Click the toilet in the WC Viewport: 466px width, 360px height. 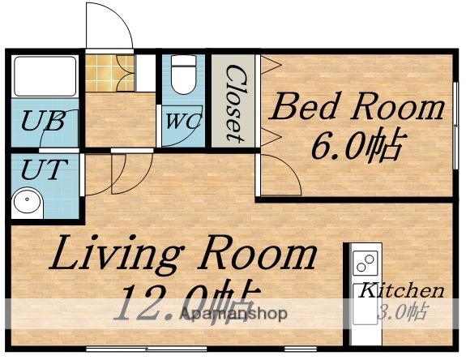click(184, 75)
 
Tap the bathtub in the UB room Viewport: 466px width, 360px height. click(45, 76)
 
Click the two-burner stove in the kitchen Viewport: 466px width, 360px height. click(366, 263)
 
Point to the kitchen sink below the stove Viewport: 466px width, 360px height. click(365, 304)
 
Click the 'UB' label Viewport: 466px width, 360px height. click(44, 121)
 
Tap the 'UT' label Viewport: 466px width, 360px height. click(45, 169)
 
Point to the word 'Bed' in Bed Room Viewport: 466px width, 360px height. click(305, 106)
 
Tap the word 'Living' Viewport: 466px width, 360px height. click(115, 255)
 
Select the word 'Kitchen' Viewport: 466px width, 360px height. click(401, 290)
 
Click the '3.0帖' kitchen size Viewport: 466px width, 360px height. click(403, 312)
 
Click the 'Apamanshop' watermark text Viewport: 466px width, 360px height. click(233, 314)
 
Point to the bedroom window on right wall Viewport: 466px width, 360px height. click(455, 125)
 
